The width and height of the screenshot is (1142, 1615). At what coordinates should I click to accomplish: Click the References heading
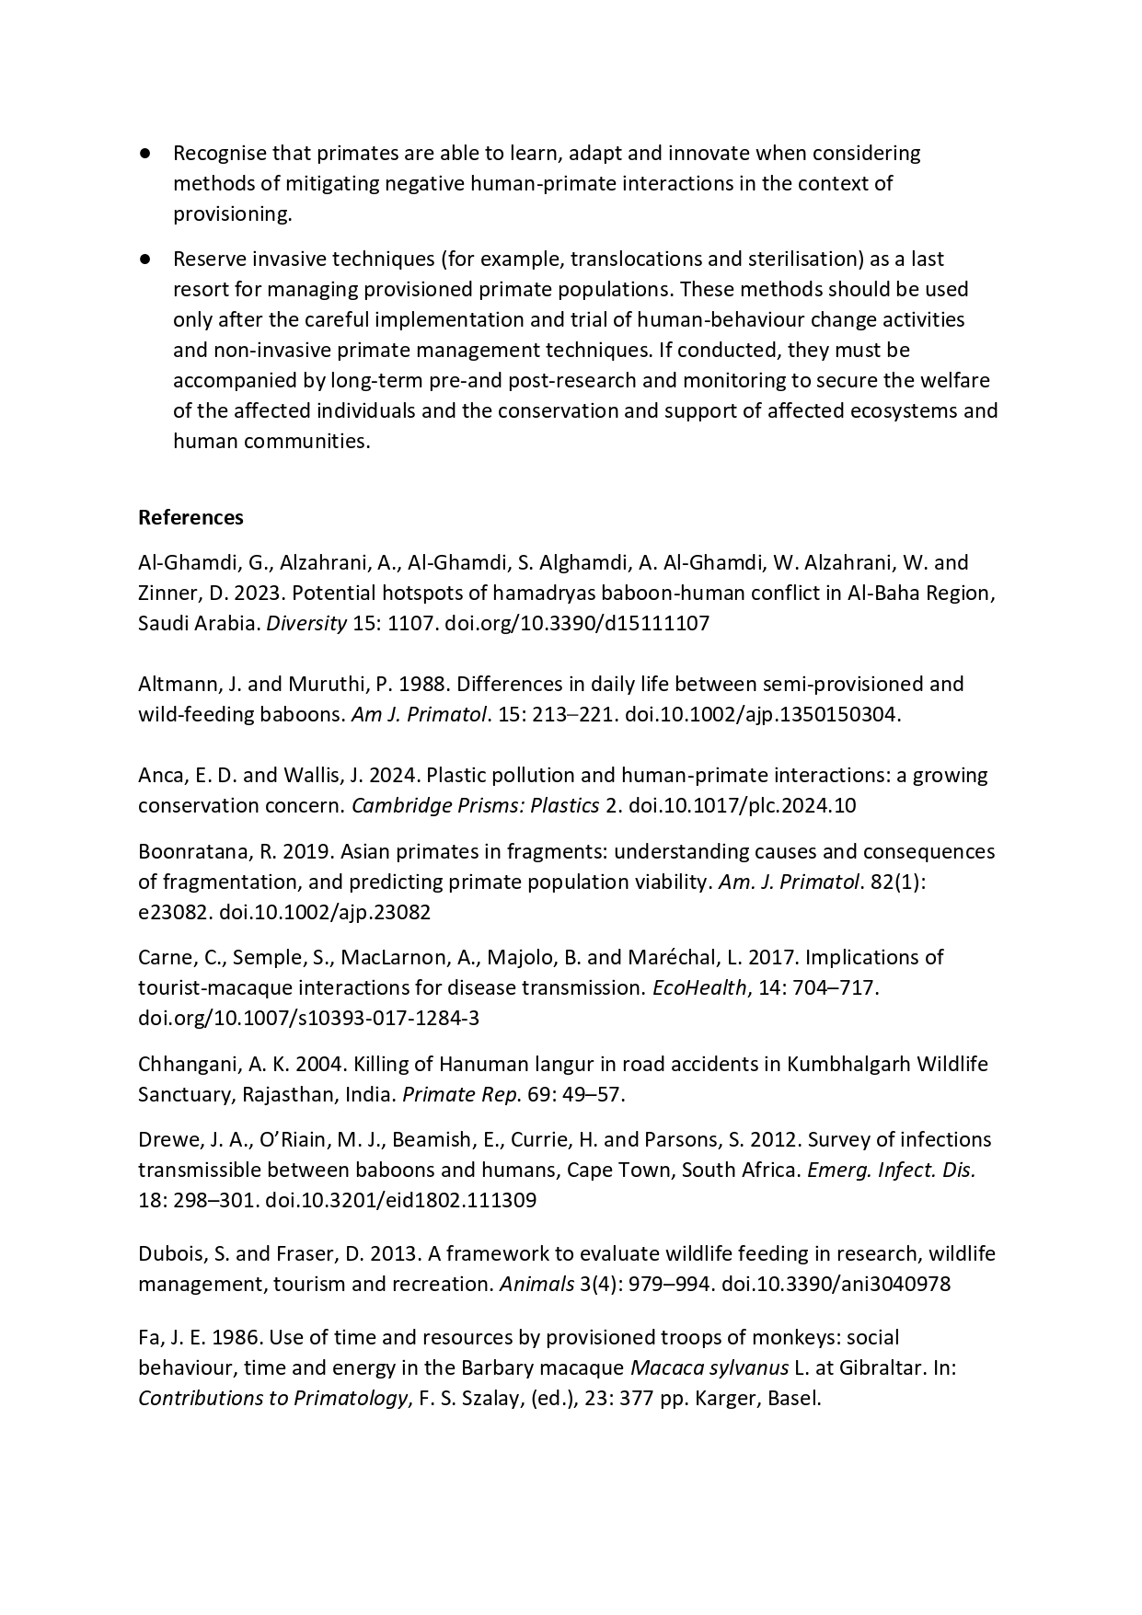tap(190, 517)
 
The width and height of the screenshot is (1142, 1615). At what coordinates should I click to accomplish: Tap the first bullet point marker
tap(145, 153)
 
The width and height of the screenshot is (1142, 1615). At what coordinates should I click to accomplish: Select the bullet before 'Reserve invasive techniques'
tap(145, 259)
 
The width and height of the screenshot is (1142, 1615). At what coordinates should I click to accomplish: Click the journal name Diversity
tap(306, 623)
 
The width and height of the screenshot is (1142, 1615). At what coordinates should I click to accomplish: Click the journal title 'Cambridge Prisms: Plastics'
tap(475, 805)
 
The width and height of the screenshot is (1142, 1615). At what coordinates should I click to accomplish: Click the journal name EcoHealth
tap(698, 987)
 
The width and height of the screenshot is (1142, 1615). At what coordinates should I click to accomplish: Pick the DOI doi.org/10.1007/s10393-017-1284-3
tap(308, 1018)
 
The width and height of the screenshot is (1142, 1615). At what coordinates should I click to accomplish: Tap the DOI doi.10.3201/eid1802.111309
tap(400, 1200)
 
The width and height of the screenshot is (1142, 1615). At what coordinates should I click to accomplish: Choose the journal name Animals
tap(536, 1283)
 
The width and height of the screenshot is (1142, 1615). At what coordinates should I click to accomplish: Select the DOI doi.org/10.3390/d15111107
tap(577, 623)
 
